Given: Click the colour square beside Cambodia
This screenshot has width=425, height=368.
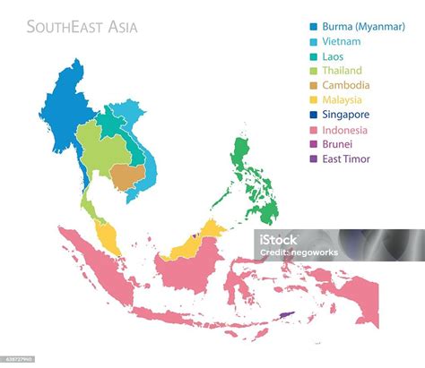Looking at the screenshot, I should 312,86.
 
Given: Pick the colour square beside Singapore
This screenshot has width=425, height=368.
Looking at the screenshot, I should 312,116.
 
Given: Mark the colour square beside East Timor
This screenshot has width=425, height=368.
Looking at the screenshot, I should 312,159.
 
